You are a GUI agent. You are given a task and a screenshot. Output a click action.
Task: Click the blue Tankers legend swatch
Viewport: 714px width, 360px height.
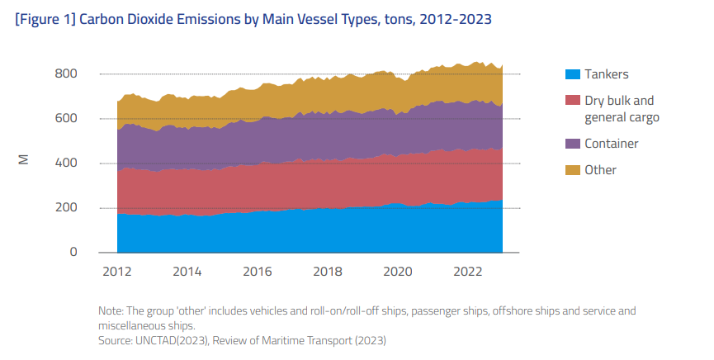[572, 74]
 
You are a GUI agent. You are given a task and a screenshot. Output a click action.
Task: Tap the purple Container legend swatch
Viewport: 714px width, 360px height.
[572, 144]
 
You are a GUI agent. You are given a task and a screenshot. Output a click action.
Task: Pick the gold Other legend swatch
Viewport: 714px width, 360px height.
[572, 170]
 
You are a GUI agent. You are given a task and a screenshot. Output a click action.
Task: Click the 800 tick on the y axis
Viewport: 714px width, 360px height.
[66, 74]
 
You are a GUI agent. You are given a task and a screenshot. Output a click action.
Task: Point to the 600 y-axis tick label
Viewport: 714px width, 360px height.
[66, 119]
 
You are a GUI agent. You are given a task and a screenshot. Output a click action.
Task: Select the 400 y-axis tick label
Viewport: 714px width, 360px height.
[66, 163]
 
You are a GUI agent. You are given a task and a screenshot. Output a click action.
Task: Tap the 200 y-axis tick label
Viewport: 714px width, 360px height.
[66, 208]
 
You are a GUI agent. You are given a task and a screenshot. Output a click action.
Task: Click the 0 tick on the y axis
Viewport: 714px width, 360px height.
[73, 253]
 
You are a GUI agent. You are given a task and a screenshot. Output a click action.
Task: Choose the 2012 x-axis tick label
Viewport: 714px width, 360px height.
[117, 272]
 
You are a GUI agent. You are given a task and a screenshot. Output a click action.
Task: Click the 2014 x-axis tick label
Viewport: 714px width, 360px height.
[187, 272]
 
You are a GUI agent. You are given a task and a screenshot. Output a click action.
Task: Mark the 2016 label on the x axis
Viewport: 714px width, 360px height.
[258, 272]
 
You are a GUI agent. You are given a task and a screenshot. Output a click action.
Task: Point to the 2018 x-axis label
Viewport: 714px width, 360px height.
[328, 272]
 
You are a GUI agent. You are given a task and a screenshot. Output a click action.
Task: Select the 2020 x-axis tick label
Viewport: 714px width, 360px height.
[398, 272]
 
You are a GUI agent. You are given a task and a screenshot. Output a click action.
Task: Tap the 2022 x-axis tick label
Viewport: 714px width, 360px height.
[468, 272]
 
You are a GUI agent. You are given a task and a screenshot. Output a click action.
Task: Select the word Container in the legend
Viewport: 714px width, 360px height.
[612, 144]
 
